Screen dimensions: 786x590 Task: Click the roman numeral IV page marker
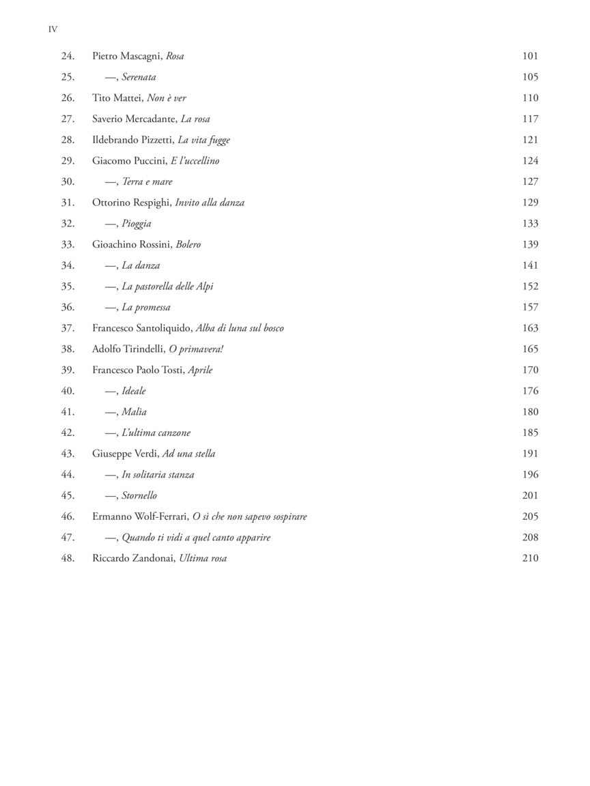coord(53,29)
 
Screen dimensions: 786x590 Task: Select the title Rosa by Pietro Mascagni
coord(175,56)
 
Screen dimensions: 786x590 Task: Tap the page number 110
coord(530,98)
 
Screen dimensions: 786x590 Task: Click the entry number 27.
coord(68,119)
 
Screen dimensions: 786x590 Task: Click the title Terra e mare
coord(147,181)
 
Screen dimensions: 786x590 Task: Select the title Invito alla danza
coord(210,203)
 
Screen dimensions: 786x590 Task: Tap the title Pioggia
coord(137,224)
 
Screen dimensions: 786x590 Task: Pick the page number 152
coord(530,287)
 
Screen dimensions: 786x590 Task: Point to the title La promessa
coord(146,308)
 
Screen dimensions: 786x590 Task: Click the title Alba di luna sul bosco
coord(240,328)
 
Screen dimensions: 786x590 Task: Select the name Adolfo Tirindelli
coord(128,349)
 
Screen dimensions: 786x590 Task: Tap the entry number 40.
coord(68,391)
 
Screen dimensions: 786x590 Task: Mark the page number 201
coord(530,495)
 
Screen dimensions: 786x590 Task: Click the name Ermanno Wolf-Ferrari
coord(140,516)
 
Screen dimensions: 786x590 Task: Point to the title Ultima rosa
coord(203,558)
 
